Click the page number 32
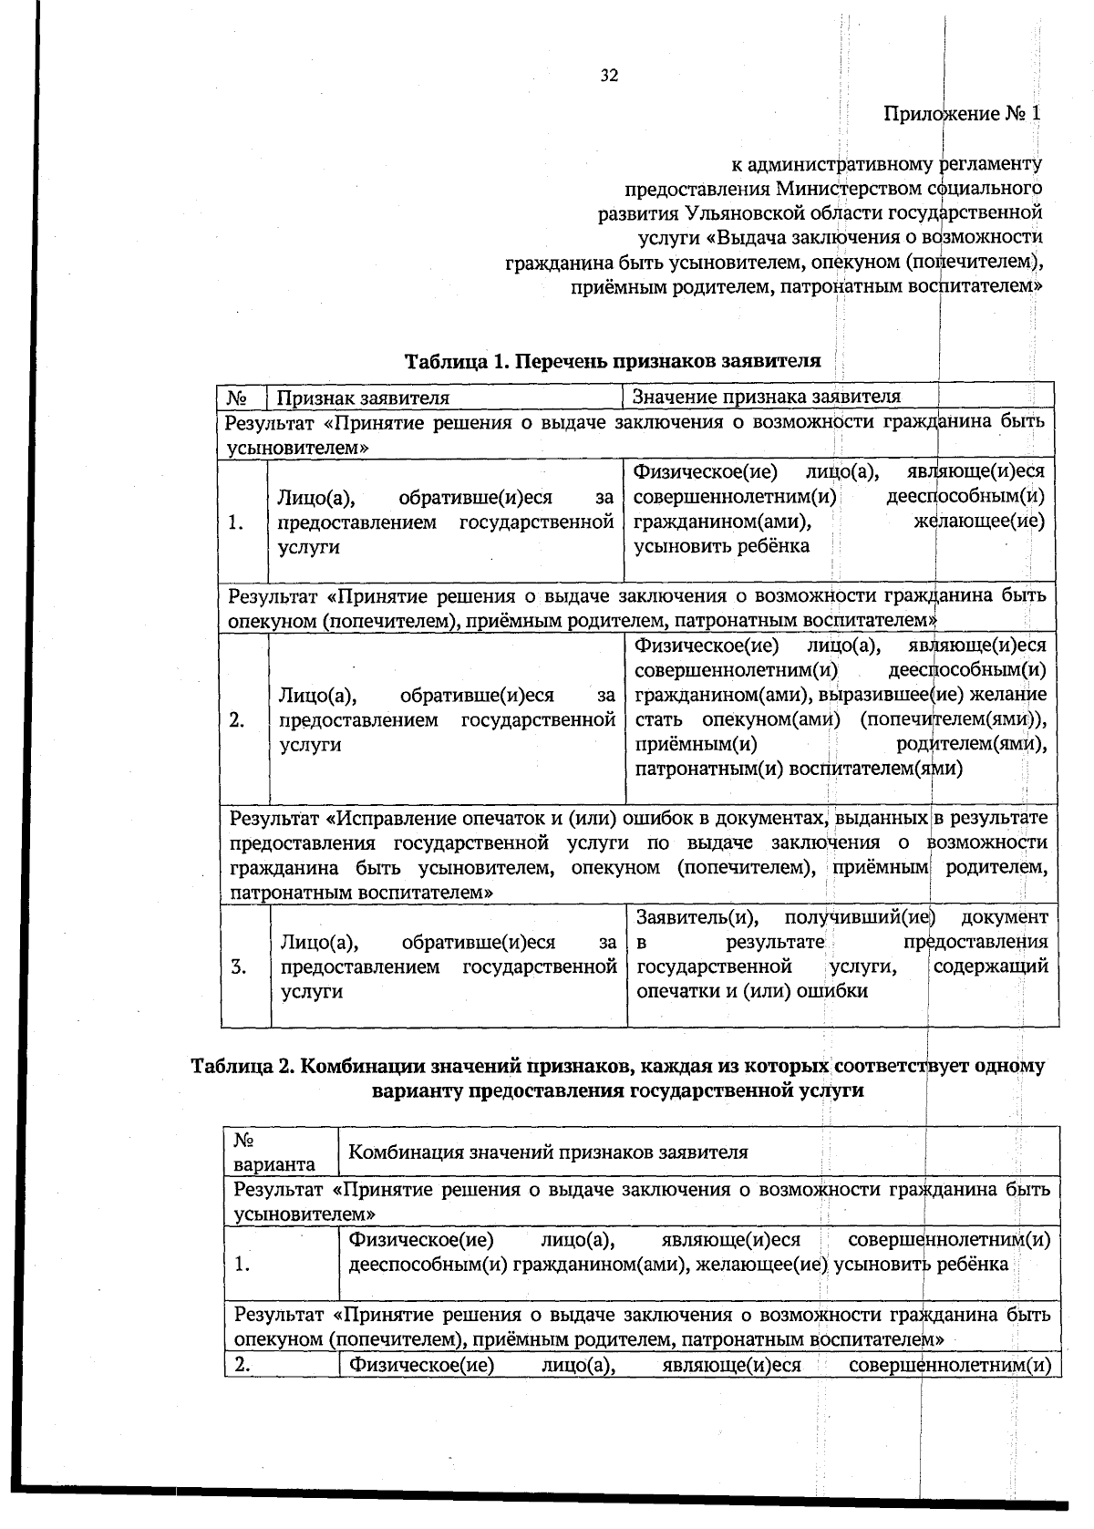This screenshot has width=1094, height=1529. (x=609, y=76)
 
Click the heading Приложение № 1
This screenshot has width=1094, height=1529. (x=961, y=114)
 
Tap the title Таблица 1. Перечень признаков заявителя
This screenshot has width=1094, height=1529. (x=613, y=360)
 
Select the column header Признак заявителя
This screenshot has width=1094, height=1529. (x=363, y=398)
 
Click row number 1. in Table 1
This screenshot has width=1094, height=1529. (x=237, y=522)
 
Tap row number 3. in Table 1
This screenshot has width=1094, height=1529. (x=239, y=967)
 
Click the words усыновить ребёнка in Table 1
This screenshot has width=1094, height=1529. (x=721, y=546)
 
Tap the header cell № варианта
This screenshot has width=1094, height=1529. (x=274, y=1152)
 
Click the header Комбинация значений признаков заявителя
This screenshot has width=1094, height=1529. (x=548, y=1152)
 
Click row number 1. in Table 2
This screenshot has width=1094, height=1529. (x=243, y=1265)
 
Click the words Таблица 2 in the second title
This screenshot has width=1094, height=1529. (x=239, y=1066)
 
